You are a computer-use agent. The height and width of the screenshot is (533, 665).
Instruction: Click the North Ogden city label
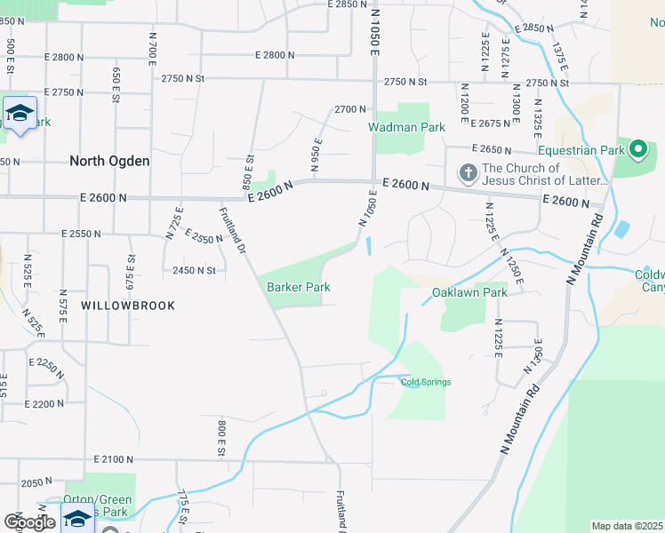click(x=110, y=162)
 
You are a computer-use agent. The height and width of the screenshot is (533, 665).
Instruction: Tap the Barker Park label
click(x=299, y=287)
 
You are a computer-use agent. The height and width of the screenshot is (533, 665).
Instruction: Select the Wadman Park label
click(x=407, y=127)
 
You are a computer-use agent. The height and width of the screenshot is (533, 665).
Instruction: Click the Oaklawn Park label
click(x=469, y=292)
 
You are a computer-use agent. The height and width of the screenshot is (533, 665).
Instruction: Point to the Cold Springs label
click(x=426, y=383)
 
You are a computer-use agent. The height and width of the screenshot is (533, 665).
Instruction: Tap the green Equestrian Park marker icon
click(x=638, y=149)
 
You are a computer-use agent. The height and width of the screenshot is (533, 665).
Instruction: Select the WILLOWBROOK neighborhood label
click(x=128, y=305)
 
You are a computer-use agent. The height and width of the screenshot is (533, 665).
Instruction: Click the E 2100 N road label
click(x=113, y=460)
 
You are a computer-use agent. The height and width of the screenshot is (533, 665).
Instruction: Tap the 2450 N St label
click(x=195, y=270)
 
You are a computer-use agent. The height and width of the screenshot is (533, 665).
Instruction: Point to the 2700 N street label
click(x=350, y=109)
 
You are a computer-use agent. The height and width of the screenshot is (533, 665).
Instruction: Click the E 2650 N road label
click(x=492, y=149)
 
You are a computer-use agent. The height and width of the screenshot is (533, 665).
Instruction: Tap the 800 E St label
click(x=220, y=439)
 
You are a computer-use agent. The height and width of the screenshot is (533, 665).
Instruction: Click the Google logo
click(x=29, y=522)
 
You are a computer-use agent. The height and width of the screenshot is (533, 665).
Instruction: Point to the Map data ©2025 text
click(x=627, y=526)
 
